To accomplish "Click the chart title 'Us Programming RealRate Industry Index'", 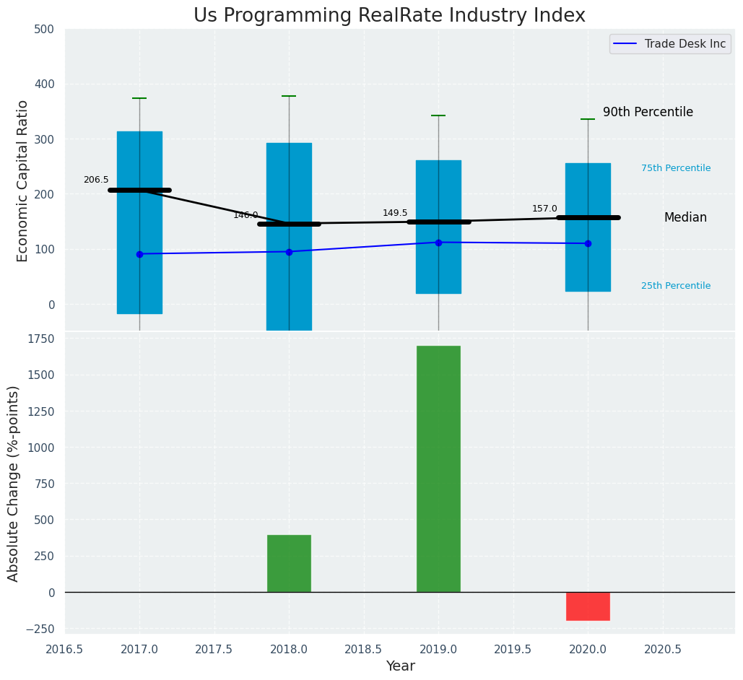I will pos(389,16).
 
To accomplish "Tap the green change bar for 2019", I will pos(438,469).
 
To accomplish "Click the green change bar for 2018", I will pos(289,563).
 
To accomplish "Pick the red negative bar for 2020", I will pos(588,606).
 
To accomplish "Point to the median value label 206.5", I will pos(96,180).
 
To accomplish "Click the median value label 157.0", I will pos(544,209).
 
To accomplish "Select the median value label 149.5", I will pos(395,213).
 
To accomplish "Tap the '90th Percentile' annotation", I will pos(648,113).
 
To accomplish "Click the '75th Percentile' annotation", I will pos(676,168).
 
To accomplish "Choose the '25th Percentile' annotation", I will pos(676,286).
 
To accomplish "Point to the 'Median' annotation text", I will pos(685,217).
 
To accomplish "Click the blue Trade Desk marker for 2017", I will pos(139,254).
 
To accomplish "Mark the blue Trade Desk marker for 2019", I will pos(438,243).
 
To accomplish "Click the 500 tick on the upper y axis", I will pos(44,29).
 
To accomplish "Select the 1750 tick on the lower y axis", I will pos(40,339).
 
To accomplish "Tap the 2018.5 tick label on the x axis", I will pos(364,649).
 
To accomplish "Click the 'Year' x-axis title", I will pos(400,666).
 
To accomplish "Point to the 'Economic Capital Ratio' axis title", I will pos(22,180).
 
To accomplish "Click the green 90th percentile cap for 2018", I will pos(289,96).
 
